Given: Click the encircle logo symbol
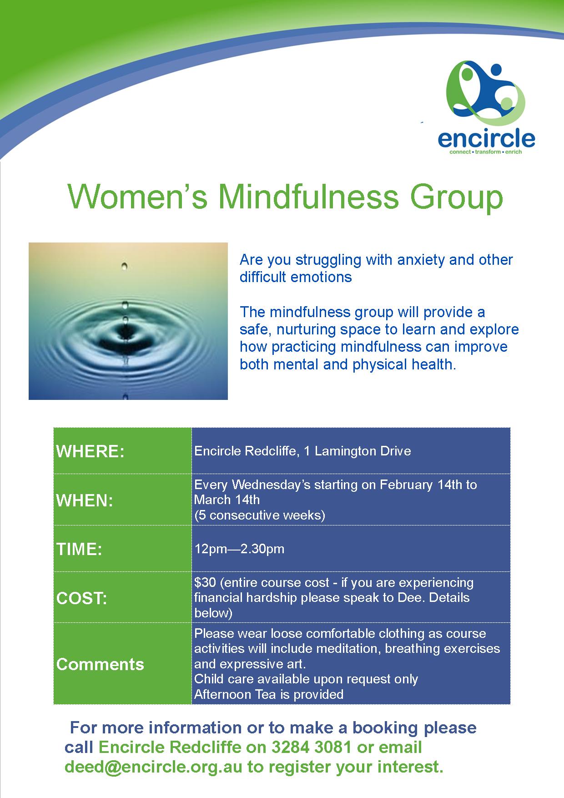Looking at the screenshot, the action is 485,94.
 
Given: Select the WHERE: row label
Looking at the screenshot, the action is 90,452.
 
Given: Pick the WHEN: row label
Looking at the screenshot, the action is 85,501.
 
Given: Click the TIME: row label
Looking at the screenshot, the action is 79,549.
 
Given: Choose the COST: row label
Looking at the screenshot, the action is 82,598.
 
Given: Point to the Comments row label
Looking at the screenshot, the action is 100,664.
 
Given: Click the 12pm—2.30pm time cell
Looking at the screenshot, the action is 239,549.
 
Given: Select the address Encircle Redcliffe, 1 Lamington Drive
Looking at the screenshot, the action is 302,451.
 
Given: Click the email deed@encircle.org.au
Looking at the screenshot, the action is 154,767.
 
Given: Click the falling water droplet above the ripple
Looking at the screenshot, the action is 125,266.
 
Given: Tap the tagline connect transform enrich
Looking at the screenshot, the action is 485,152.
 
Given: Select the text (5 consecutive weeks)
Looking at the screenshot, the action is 260,515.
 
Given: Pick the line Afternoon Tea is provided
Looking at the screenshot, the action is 269,694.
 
